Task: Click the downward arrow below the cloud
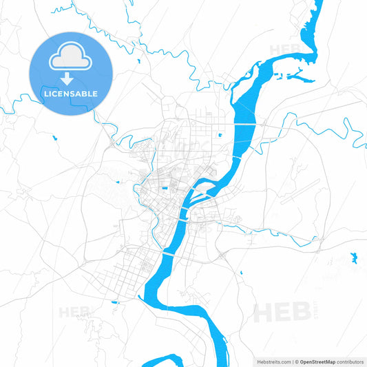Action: pos(70,78)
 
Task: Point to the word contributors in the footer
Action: pos(349,361)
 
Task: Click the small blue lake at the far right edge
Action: pos(354,258)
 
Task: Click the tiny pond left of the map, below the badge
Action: pos(54,138)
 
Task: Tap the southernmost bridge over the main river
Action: pos(166,253)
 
